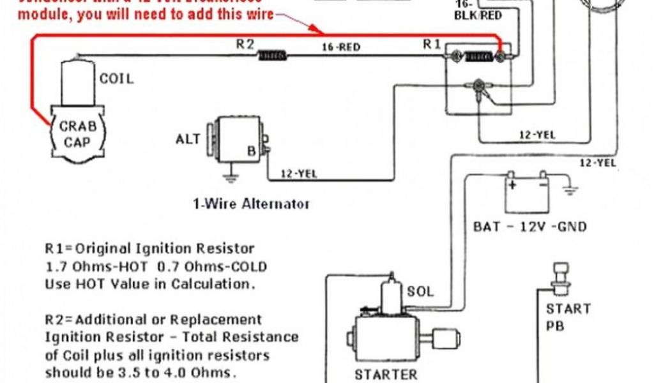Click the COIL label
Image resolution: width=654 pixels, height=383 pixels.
pos(116,79)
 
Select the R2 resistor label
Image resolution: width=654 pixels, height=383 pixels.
pos(245,44)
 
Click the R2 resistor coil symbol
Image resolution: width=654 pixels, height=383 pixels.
pos(272,56)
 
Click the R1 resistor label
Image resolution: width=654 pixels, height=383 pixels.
pos(432,44)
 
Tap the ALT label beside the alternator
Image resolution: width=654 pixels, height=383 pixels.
pos(188,139)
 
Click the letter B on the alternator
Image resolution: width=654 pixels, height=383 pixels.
pos(252,151)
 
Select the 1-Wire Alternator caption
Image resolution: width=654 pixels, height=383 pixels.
pos(251,204)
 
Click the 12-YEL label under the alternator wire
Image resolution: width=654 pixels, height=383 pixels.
pos(298,172)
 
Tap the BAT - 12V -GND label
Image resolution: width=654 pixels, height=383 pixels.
pos(529,226)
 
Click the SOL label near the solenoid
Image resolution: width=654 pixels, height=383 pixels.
pos(420,292)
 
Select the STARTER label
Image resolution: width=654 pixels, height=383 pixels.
pos(386,374)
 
